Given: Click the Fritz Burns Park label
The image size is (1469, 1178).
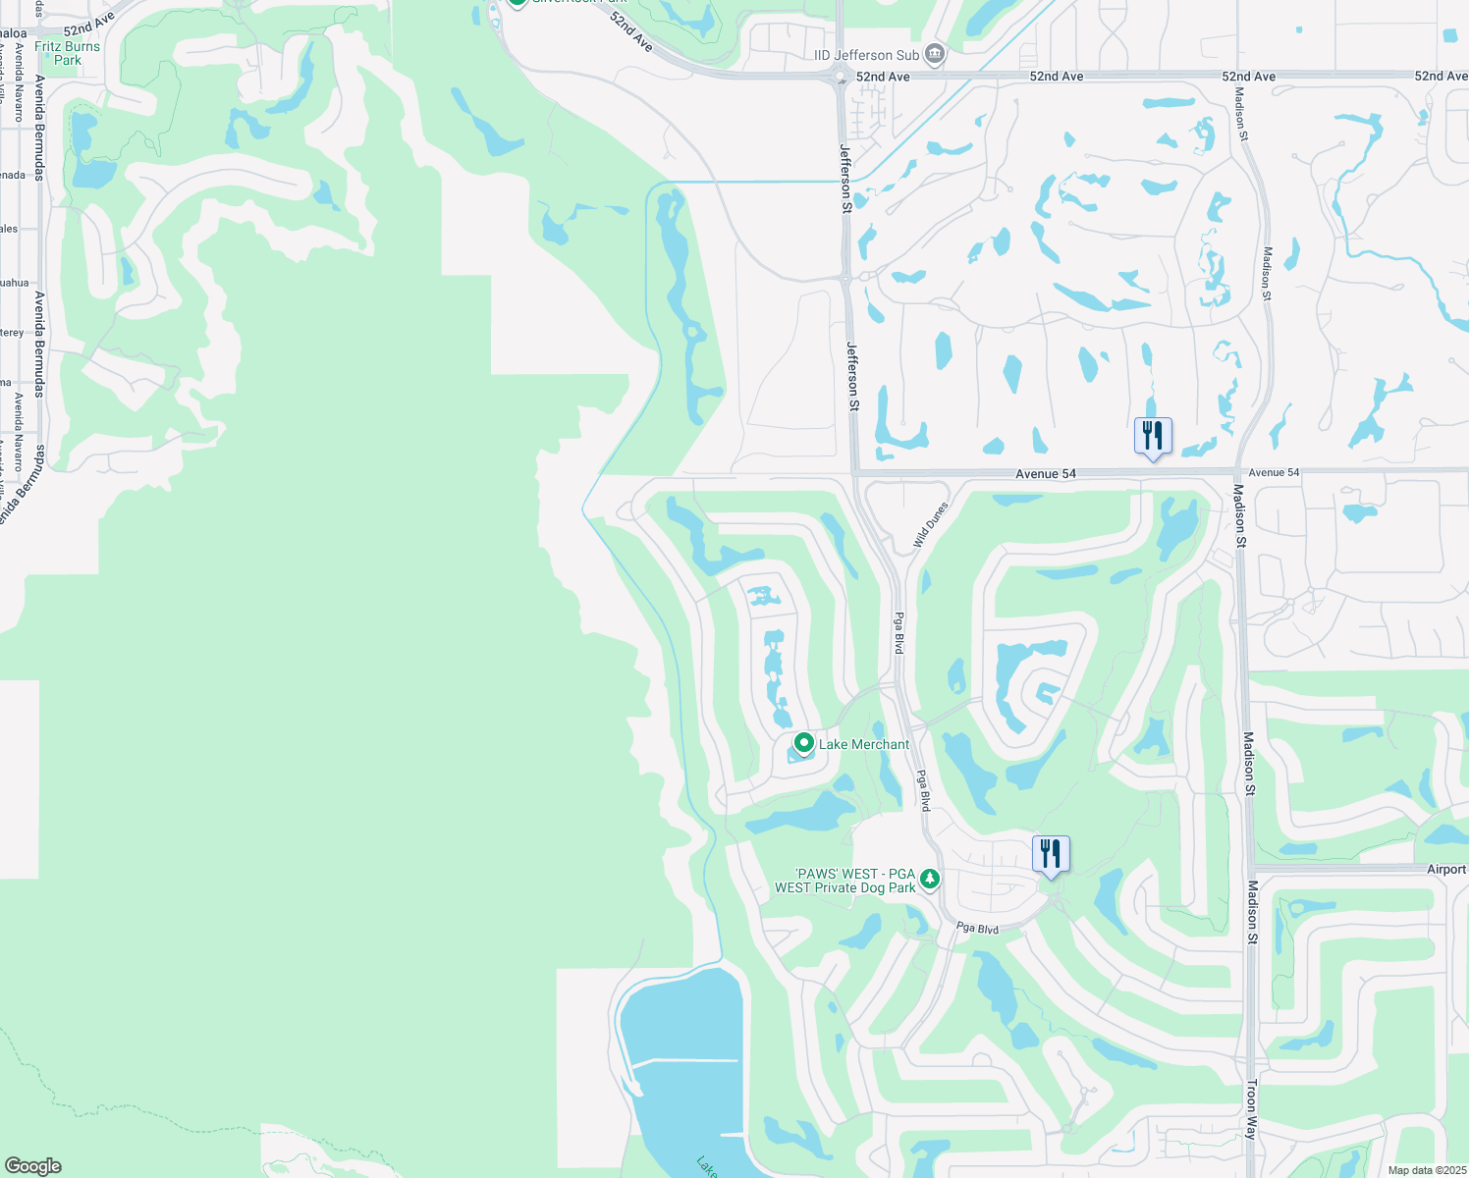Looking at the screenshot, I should (x=67, y=53).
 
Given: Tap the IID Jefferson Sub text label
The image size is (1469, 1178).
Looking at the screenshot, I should (x=866, y=55).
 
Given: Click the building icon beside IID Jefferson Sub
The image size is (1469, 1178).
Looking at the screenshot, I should (x=935, y=54).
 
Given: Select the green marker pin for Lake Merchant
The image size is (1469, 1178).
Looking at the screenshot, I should (x=803, y=743).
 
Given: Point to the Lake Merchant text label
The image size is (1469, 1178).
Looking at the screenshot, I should (x=864, y=744).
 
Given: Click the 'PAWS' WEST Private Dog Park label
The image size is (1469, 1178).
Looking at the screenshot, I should (x=844, y=881).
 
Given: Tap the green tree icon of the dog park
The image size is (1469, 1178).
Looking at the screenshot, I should (x=929, y=878).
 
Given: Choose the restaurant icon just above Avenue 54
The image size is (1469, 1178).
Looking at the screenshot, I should (x=1153, y=434).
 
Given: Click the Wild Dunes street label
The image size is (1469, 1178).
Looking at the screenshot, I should (x=930, y=524).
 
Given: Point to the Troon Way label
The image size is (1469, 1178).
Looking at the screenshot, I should (x=1251, y=1109).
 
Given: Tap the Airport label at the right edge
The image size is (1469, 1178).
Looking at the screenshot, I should (x=1445, y=869).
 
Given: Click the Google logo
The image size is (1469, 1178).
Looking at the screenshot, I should (x=32, y=1166).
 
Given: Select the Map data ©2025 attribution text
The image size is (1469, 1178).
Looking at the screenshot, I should (x=1427, y=1170).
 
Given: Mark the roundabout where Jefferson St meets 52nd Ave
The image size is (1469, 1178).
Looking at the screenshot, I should (x=841, y=77).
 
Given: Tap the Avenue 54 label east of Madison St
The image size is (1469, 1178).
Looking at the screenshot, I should (x=1273, y=472).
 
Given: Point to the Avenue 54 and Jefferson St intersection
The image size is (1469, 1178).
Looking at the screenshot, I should (x=853, y=473).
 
